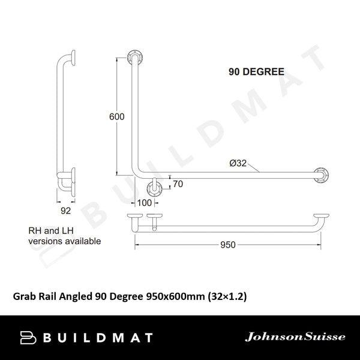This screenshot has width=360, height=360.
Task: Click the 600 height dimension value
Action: tap(116, 117)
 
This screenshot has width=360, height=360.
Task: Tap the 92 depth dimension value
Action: tap(66, 211)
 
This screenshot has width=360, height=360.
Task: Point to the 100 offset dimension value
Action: tap(145, 203)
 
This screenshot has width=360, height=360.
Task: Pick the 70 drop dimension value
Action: tap(178, 184)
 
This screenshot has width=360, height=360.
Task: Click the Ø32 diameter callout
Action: tap(238, 163)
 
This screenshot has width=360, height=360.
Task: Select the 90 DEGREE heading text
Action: tap(256, 71)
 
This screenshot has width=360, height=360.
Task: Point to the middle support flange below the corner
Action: tap(155, 189)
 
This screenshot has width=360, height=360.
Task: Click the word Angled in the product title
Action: tap(79, 296)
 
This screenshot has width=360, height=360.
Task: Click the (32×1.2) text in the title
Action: tap(228, 296)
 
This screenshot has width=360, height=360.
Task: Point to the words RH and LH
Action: tap(53, 230)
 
